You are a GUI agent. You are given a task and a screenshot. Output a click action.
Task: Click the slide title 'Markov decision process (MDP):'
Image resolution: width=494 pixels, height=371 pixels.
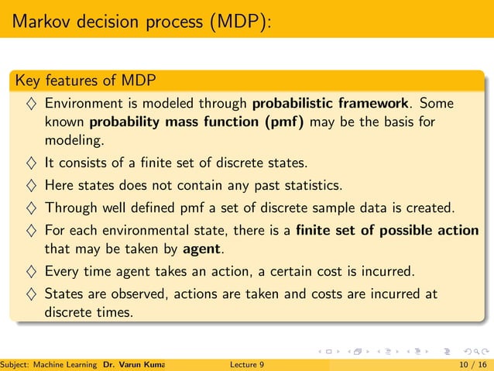point(141,19)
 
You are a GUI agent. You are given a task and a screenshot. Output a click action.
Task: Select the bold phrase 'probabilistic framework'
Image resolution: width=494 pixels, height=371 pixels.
point(331,103)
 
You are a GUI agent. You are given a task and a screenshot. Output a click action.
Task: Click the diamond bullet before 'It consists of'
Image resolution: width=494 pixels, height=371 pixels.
point(29,163)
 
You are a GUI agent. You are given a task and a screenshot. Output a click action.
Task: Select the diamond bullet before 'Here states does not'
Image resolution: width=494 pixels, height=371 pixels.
point(29,185)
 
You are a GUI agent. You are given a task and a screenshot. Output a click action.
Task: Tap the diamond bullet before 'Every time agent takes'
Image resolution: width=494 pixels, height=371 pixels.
point(29,271)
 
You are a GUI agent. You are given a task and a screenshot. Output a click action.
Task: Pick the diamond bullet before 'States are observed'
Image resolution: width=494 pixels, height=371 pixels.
point(29,294)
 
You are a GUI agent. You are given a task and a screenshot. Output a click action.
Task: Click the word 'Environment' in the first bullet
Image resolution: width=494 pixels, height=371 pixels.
point(85,103)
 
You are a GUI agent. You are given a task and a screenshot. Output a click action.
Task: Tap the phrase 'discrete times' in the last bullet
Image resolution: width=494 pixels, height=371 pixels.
point(88,312)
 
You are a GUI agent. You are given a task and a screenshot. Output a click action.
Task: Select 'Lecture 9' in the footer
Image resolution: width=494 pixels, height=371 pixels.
point(247,364)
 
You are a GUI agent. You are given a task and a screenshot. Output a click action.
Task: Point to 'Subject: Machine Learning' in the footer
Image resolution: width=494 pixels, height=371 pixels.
point(49,364)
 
